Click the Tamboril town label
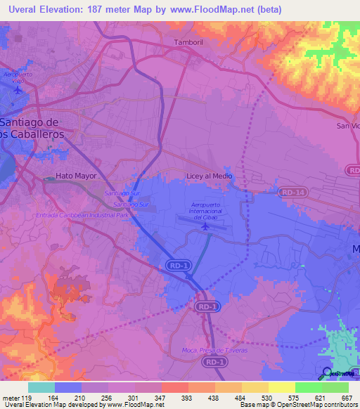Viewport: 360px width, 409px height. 188,43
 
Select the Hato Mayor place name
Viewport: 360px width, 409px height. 75,176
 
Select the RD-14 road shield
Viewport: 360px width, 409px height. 291,191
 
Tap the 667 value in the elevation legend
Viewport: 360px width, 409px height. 347,398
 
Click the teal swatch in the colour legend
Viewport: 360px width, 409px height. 41,387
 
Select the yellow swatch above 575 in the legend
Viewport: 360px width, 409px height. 282,387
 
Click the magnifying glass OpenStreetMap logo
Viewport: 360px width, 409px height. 326,372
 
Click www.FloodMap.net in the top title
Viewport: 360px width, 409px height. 223,8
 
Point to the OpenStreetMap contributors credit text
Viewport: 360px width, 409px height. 320,405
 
